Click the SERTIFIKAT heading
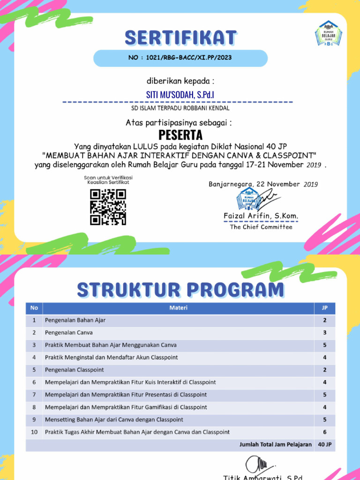[180, 37]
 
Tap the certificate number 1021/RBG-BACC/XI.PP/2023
[180, 58]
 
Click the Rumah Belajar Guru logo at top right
[328, 34]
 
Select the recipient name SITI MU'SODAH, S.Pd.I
[180, 95]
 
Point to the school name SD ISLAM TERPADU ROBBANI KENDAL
[180, 108]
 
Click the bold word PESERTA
[180, 135]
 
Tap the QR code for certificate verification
[108, 207]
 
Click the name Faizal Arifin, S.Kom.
[261, 216]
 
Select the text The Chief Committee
[261, 227]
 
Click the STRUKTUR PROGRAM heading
[180, 289]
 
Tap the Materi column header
[178, 308]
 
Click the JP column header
[324, 308]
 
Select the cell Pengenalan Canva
[69, 332]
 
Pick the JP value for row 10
[324, 432]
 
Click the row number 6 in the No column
[34, 382]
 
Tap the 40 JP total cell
[324, 444]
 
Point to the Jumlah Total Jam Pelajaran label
[275, 444]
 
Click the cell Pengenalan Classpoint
[75, 370]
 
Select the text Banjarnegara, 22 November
[254, 184]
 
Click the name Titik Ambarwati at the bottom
[262, 476]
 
